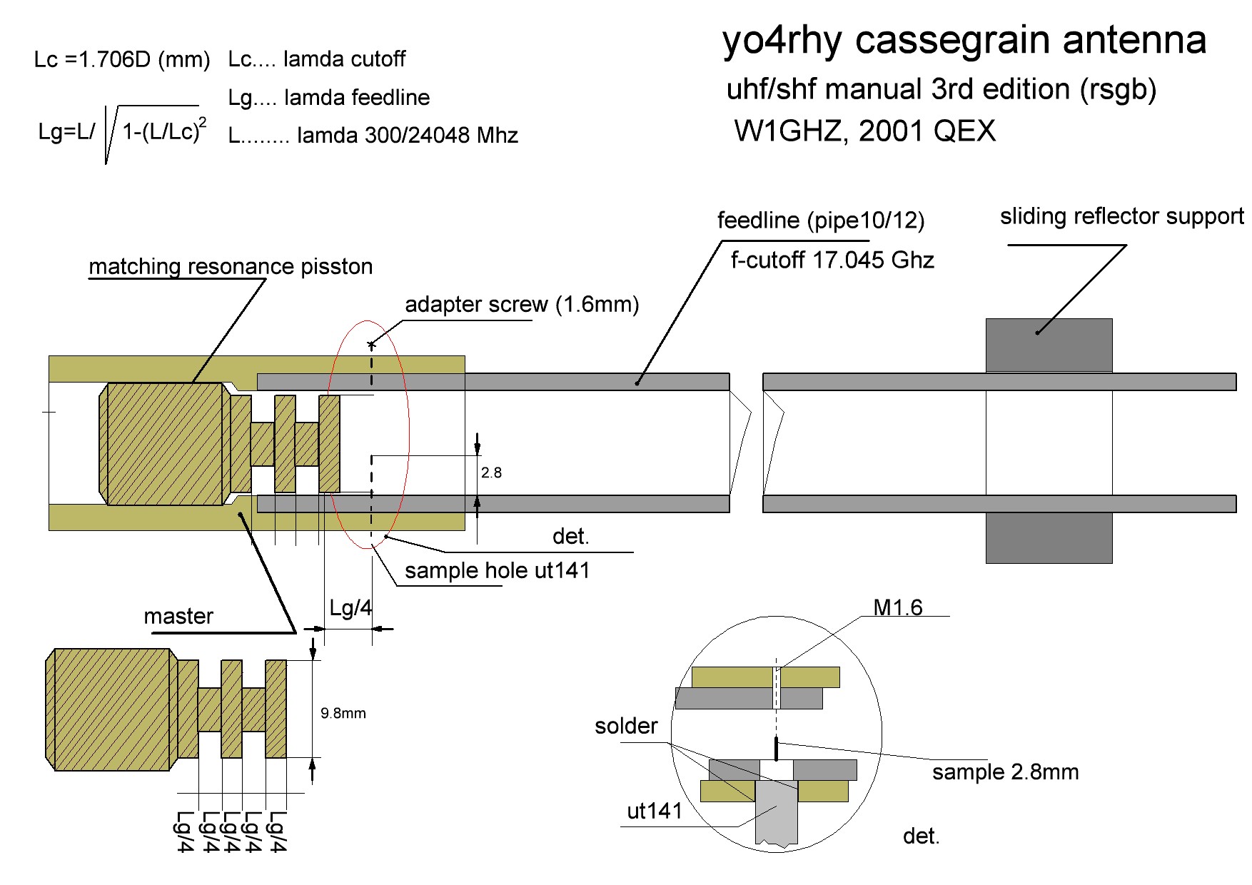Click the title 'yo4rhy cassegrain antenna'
(964, 40)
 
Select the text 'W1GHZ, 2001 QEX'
(864, 131)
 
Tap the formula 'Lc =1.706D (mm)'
(122, 59)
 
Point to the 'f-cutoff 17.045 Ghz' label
(832, 261)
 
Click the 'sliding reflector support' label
(1121, 217)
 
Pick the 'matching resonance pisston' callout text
(231, 267)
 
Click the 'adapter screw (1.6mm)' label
(522, 305)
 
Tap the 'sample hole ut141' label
(497, 571)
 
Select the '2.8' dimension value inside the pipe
(491, 472)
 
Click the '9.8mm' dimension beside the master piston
(343, 713)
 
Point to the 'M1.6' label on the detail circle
(898, 607)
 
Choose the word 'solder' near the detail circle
(626, 726)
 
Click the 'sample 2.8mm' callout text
(1005, 772)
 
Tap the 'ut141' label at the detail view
(654, 811)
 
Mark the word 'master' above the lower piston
(178, 617)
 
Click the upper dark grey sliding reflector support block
(1049, 345)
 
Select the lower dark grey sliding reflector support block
(1049, 538)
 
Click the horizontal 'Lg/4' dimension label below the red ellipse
(350, 608)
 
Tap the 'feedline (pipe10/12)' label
(820, 221)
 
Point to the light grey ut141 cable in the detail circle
(776, 817)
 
